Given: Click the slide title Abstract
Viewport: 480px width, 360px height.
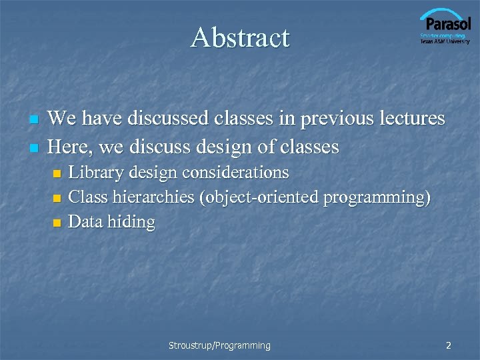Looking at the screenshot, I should [x=240, y=38].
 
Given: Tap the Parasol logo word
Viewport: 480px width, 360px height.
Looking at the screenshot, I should [x=446, y=25].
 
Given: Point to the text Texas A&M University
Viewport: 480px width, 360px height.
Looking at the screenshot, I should [x=445, y=41].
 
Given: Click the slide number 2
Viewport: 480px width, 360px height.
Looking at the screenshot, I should [x=449, y=345].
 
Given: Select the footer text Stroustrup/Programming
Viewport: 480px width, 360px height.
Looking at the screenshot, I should [x=219, y=345].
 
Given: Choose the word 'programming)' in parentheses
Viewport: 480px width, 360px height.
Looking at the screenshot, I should [x=377, y=198].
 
